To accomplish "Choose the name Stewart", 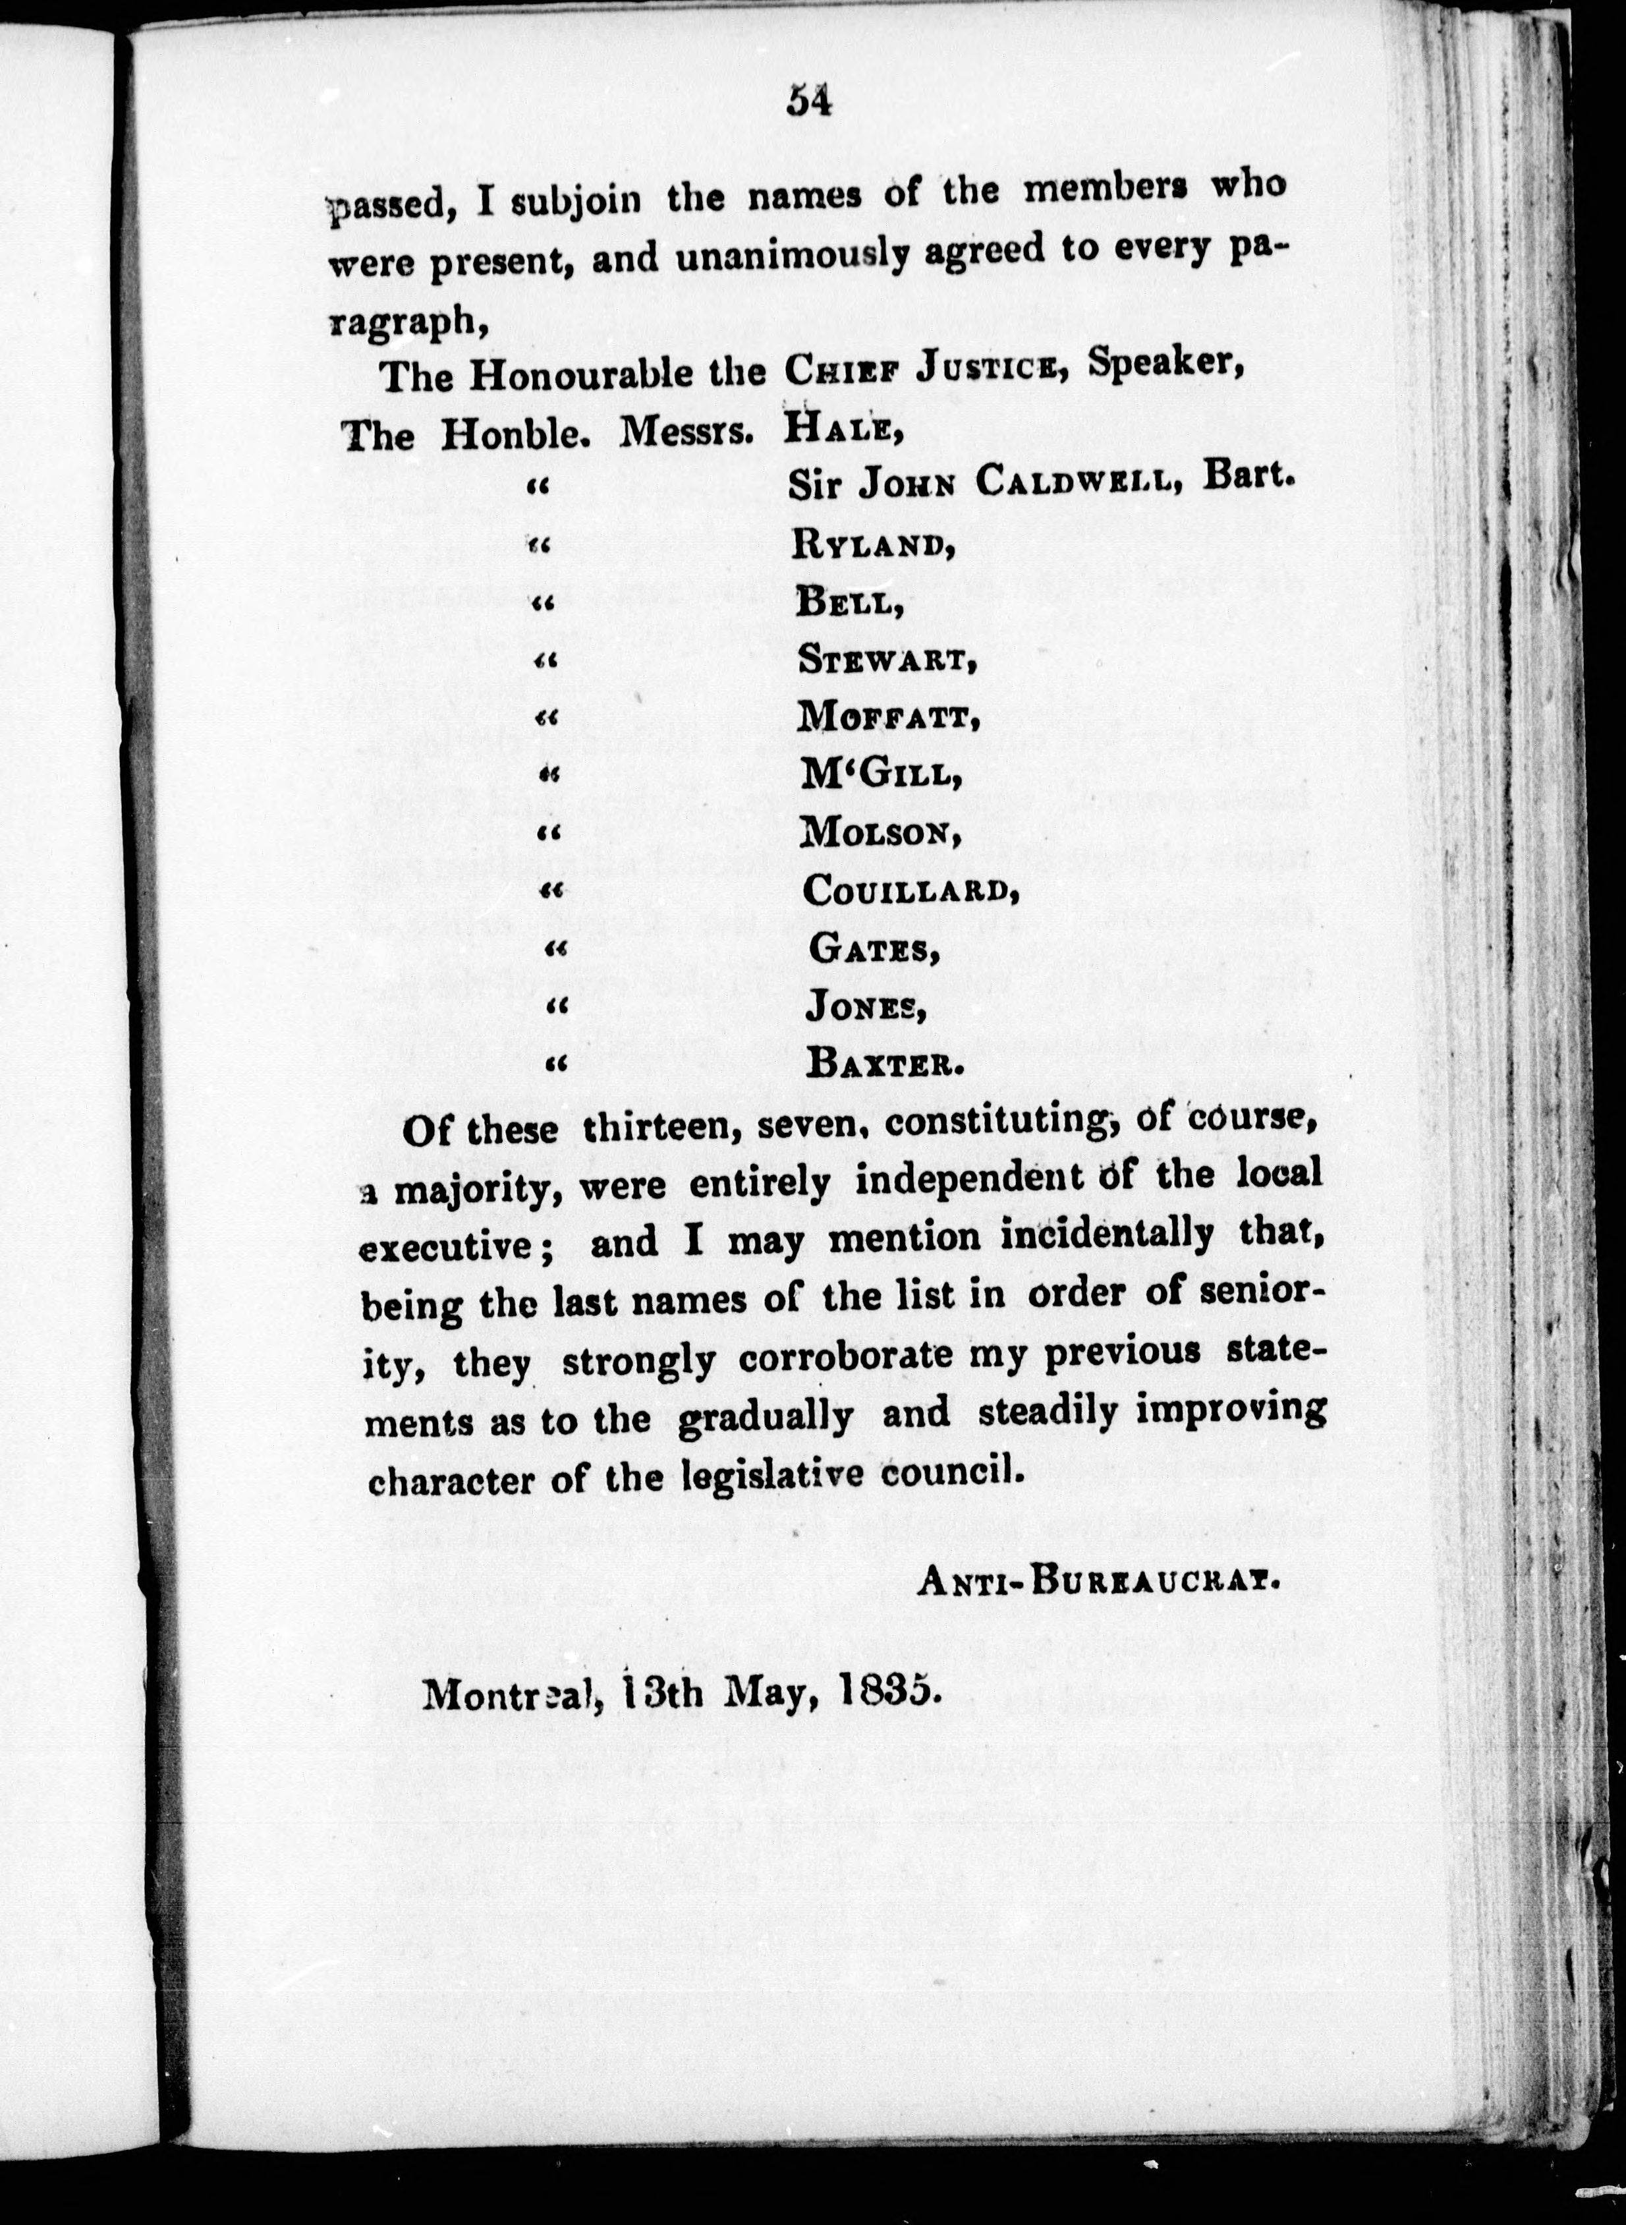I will point(886,660).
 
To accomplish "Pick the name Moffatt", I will point(887,718).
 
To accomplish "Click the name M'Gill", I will point(879,776).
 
